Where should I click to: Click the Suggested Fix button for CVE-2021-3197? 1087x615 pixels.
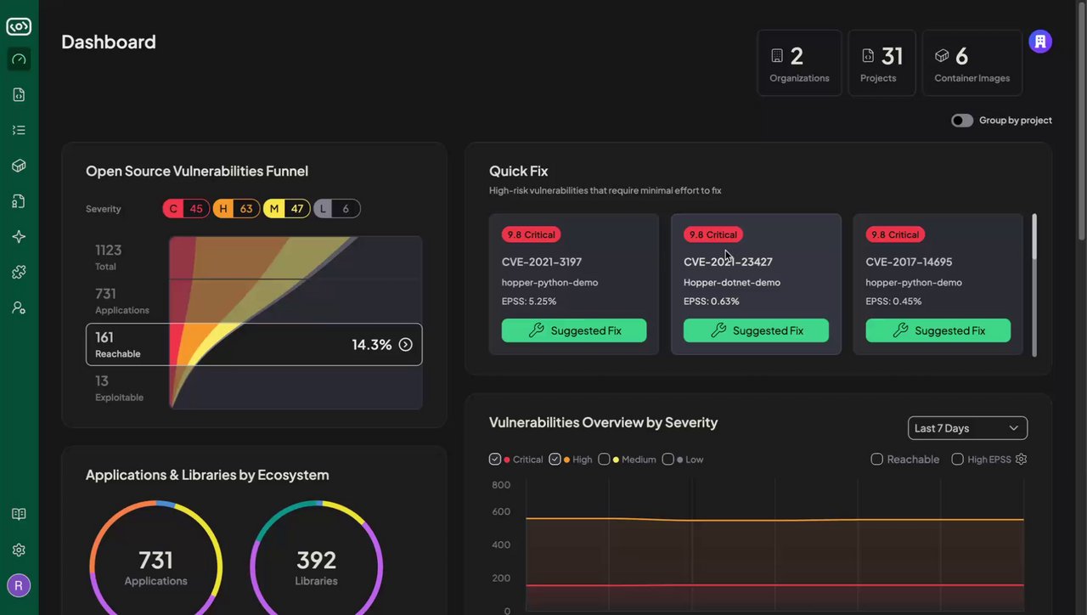(573, 330)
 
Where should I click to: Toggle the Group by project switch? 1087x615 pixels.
(962, 121)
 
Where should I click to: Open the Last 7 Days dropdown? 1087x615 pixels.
(967, 428)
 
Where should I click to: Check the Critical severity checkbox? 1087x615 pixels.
(495, 460)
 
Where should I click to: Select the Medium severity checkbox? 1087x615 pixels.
(604, 460)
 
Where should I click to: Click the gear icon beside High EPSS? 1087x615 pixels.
(1022, 460)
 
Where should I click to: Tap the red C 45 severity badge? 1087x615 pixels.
(186, 209)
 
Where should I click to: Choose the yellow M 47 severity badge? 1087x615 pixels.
(286, 209)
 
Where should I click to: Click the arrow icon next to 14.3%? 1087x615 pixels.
(406, 345)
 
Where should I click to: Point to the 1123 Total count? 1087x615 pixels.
(108, 251)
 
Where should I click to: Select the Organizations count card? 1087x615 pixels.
(799, 63)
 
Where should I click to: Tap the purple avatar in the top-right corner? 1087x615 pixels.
(1040, 42)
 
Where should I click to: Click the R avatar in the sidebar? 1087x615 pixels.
(19, 585)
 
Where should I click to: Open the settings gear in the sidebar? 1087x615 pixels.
(19, 550)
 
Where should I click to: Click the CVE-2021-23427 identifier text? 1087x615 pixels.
(728, 262)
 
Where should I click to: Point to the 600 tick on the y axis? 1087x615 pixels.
(501, 511)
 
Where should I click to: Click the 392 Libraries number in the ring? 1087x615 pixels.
(316, 561)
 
